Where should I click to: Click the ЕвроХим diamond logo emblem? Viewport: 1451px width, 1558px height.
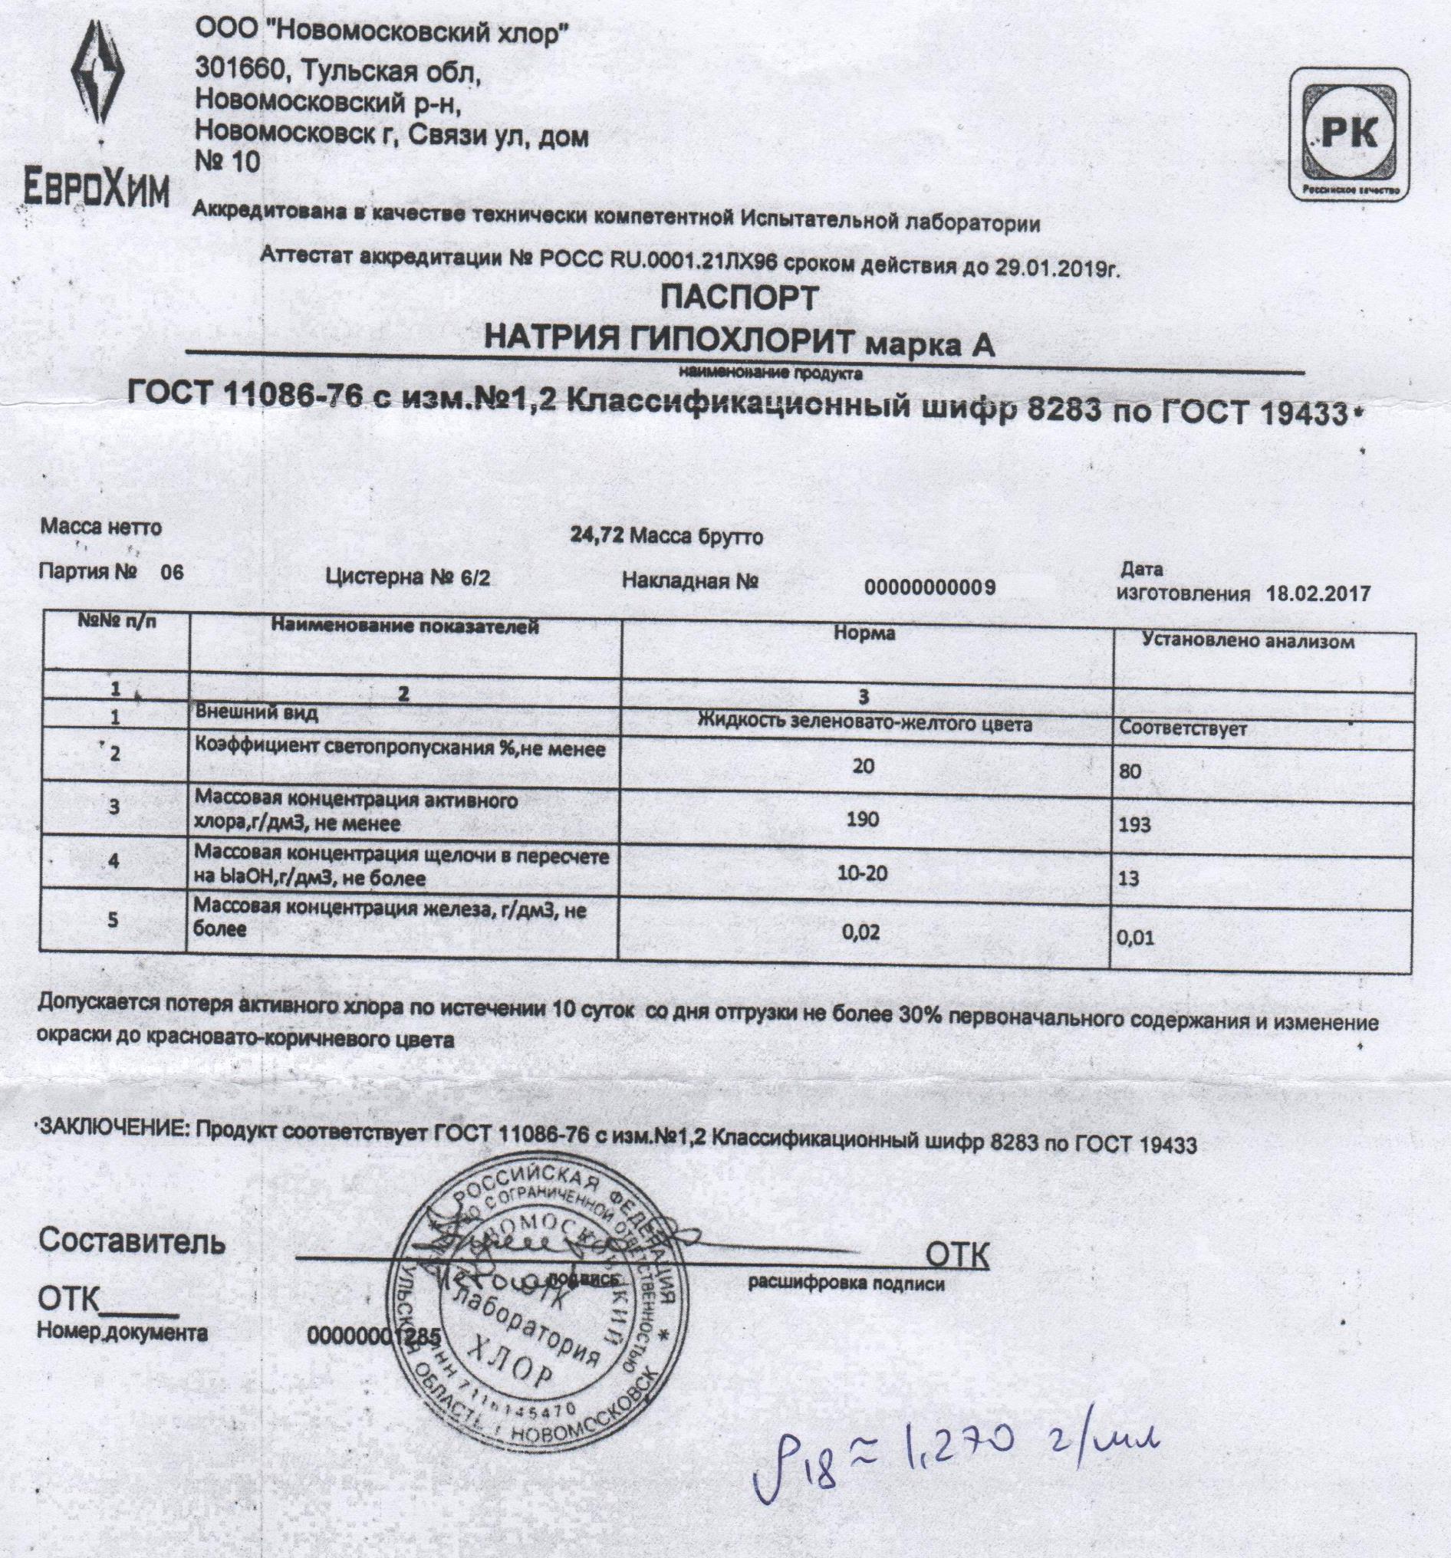[99, 81]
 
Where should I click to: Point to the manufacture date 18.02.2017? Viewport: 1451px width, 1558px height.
[1318, 593]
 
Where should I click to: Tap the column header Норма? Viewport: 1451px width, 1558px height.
[864, 633]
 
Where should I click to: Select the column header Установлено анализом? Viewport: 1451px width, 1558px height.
[1249, 641]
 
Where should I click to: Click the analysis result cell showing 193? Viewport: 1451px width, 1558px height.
[1135, 824]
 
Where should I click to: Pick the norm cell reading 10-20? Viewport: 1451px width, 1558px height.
[862, 873]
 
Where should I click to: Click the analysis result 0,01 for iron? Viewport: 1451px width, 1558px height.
[1136, 938]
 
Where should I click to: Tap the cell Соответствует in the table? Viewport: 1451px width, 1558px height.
[1183, 729]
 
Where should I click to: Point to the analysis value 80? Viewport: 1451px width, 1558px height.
[1130, 771]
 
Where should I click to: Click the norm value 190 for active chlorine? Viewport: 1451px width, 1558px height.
[862, 820]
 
